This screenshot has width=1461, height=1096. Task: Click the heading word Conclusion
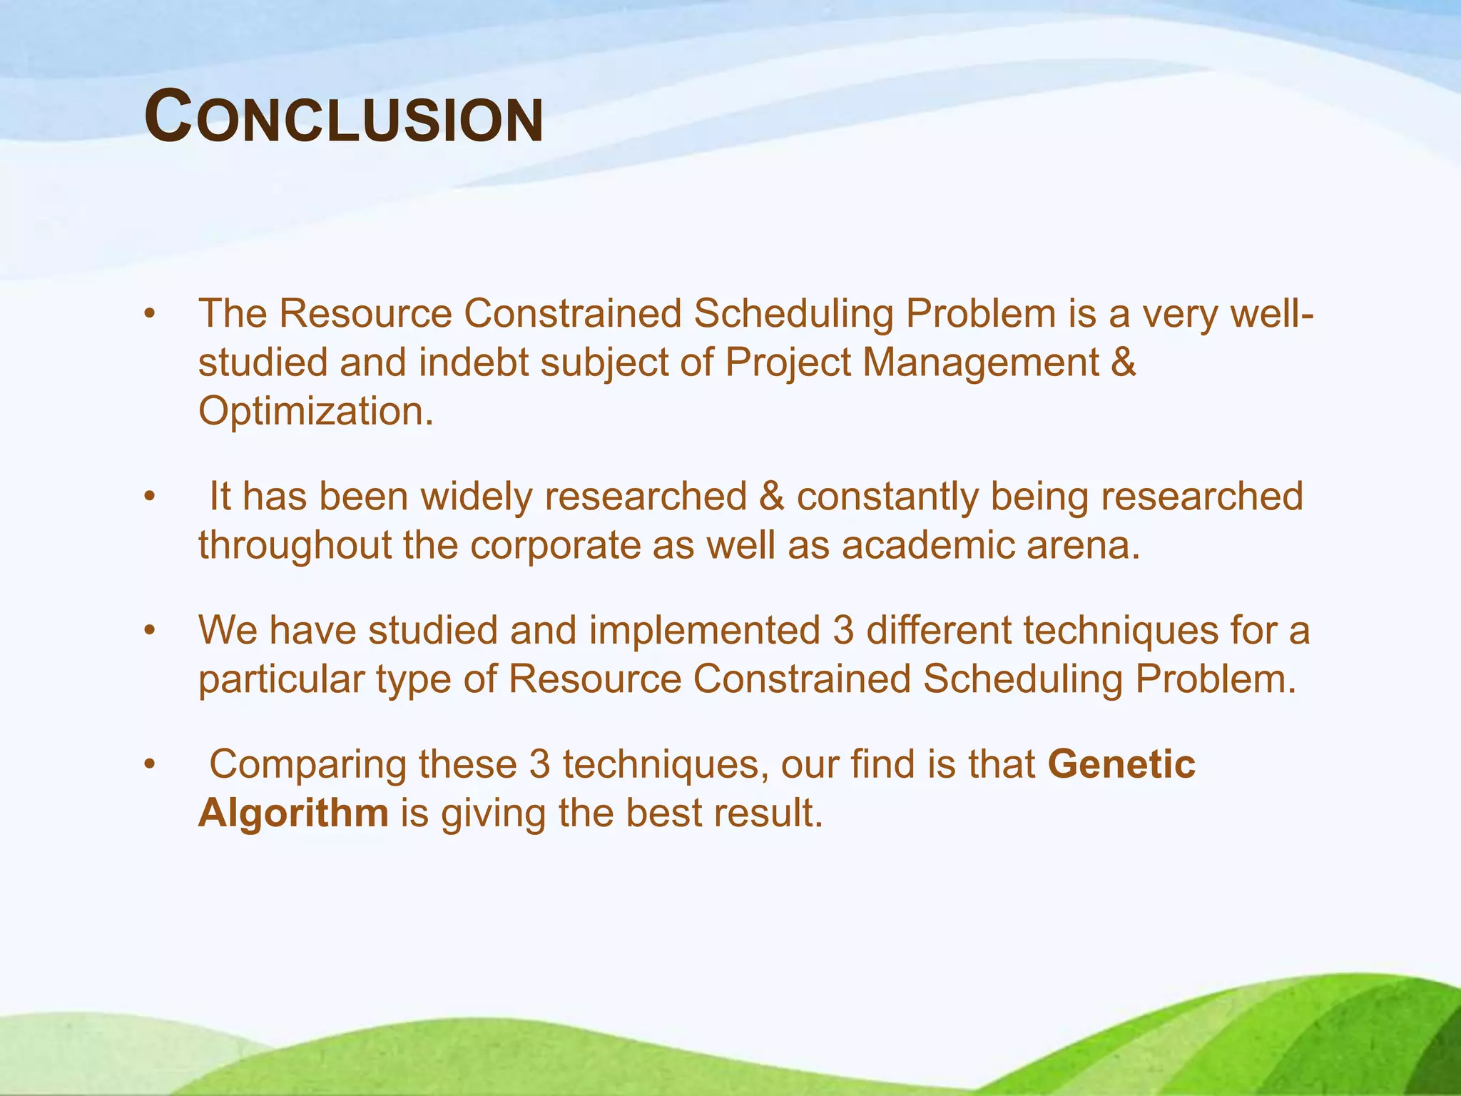pos(343,117)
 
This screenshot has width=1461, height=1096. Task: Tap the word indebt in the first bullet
pos(474,362)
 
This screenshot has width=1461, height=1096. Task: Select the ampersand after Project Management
pos(1123,362)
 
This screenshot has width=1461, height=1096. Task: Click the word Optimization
pos(315,412)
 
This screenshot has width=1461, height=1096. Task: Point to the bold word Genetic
pos(1121,764)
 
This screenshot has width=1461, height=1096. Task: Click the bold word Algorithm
pos(293,813)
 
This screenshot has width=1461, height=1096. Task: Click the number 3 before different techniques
pos(843,631)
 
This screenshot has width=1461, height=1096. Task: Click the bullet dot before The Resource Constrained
pos(148,315)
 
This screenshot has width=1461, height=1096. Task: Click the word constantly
pos(887,497)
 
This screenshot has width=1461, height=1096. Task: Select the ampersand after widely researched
pos(771,497)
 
